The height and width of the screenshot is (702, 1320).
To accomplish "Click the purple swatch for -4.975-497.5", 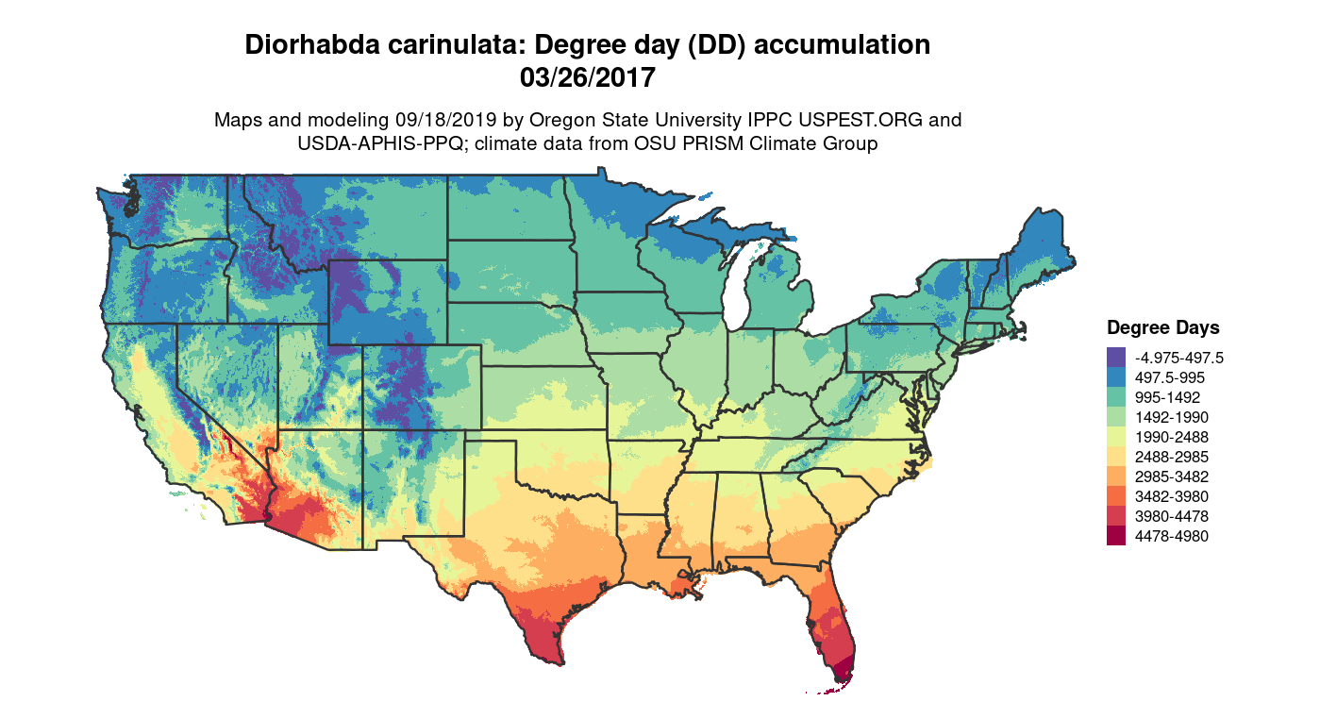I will point(1116,358).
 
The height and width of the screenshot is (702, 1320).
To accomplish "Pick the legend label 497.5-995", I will point(1168,377).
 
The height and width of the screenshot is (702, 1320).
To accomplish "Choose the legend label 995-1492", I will point(1168,397).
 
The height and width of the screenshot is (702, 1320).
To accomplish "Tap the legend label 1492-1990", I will point(1172,417).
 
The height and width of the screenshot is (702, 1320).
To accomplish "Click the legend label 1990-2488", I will point(1172,437).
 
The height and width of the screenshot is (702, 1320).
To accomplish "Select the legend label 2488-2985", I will point(1172,457).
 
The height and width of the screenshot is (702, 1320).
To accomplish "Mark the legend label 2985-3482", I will point(1172,476).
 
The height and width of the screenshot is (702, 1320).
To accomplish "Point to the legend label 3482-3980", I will point(1172,496).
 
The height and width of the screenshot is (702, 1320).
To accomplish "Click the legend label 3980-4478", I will point(1172,516).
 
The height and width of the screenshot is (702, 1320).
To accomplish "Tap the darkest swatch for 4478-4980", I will point(1116,536).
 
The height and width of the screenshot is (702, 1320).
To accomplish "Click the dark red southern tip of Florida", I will point(843,672).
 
